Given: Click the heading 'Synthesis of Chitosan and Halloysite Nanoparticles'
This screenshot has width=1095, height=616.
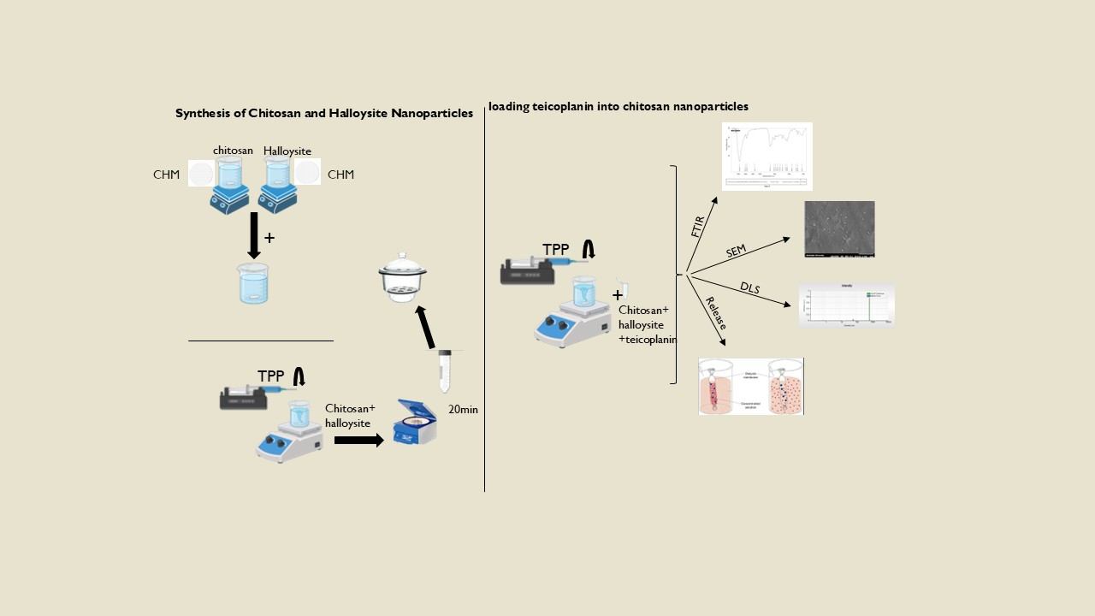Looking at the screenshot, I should (x=324, y=113).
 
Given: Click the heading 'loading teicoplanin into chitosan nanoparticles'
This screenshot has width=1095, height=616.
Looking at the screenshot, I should (x=619, y=107).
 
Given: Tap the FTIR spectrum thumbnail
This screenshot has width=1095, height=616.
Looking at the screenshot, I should (x=766, y=156).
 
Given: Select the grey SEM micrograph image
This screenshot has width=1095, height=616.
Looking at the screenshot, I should (x=839, y=229).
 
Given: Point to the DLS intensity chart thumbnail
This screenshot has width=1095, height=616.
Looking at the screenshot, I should (x=846, y=305).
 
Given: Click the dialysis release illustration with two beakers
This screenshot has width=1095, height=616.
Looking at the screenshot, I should (x=751, y=386).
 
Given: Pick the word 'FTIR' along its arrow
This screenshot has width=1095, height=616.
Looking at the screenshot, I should (x=698, y=227).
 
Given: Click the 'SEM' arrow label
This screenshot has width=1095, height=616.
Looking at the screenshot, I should (x=737, y=251).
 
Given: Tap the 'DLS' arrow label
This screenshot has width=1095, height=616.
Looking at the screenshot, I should (x=749, y=288).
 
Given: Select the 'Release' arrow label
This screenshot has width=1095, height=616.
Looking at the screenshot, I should (x=716, y=313).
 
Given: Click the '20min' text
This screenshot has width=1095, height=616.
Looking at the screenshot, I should (x=463, y=410).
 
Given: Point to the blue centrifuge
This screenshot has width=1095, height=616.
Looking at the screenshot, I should (x=415, y=422).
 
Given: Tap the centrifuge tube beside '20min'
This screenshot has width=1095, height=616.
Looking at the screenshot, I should (x=445, y=370).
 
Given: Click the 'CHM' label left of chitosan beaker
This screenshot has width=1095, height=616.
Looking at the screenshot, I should (x=167, y=175).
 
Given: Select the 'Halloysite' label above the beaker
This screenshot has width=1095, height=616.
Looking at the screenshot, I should (x=287, y=151).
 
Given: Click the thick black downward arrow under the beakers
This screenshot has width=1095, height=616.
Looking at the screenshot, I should (x=253, y=235).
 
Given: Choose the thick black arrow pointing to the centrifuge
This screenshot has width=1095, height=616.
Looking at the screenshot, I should (x=359, y=441).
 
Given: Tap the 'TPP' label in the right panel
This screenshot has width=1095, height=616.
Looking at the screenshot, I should (x=556, y=250).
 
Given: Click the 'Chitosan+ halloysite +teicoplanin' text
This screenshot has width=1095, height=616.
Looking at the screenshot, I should (x=648, y=324).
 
